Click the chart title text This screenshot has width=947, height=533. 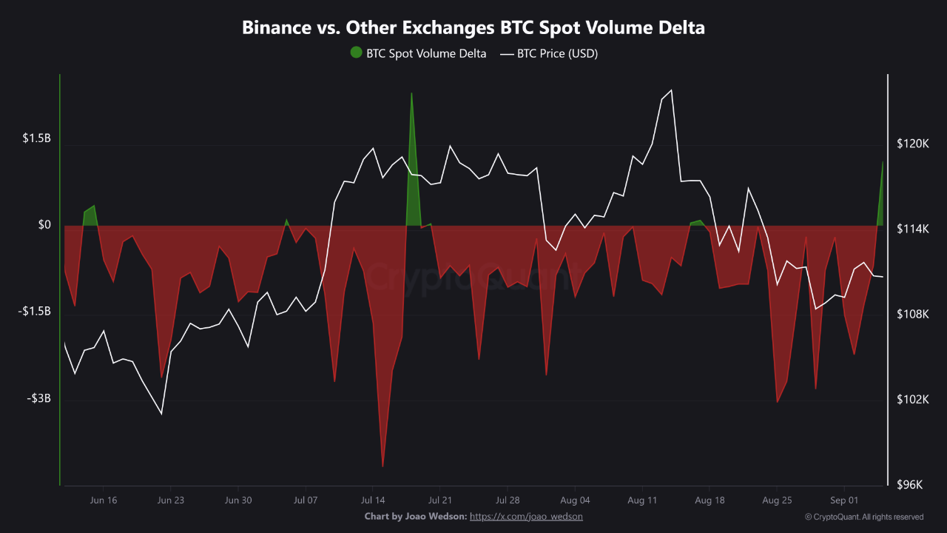point(473,28)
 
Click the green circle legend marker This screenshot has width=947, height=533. point(356,53)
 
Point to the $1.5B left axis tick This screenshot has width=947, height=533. point(36,139)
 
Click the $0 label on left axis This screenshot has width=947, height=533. point(44,225)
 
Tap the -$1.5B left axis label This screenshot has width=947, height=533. point(35,312)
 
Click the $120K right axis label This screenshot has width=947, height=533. point(912,144)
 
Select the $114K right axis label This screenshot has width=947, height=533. point(912,229)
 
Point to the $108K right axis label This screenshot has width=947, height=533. point(912,315)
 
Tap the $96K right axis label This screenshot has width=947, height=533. point(914,485)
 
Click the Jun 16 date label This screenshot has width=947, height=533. point(103,500)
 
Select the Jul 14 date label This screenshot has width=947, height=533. point(373,500)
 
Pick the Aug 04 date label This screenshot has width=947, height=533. point(575,500)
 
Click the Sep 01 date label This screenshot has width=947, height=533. point(844,500)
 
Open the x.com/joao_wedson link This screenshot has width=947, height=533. point(526,516)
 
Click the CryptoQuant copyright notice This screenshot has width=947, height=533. point(863,517)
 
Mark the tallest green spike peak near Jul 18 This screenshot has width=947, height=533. point(411,93)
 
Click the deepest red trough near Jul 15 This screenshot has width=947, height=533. point(382,466)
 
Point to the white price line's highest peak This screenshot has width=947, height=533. point(670,90)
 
